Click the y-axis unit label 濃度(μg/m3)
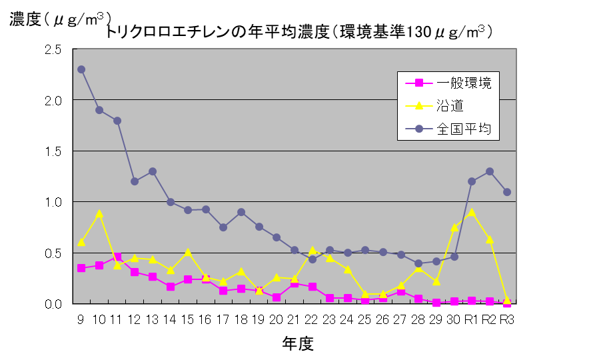(60, 19)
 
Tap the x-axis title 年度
(296, 343)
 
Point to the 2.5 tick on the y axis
(53, 50)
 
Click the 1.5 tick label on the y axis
(53, 151)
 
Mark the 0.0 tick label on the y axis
(53, 304)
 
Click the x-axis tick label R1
(472, 320)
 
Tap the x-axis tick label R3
(507, 320)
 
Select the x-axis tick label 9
(81, 320)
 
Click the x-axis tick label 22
(312, 320)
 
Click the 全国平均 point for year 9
(81, 69)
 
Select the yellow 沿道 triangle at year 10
(99, 214)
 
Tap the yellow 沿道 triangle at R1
(472, 213)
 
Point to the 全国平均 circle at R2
(490, 171)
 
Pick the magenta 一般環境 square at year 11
(117, 257)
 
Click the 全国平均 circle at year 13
(153, 171)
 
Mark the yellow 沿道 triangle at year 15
(188, 252)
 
